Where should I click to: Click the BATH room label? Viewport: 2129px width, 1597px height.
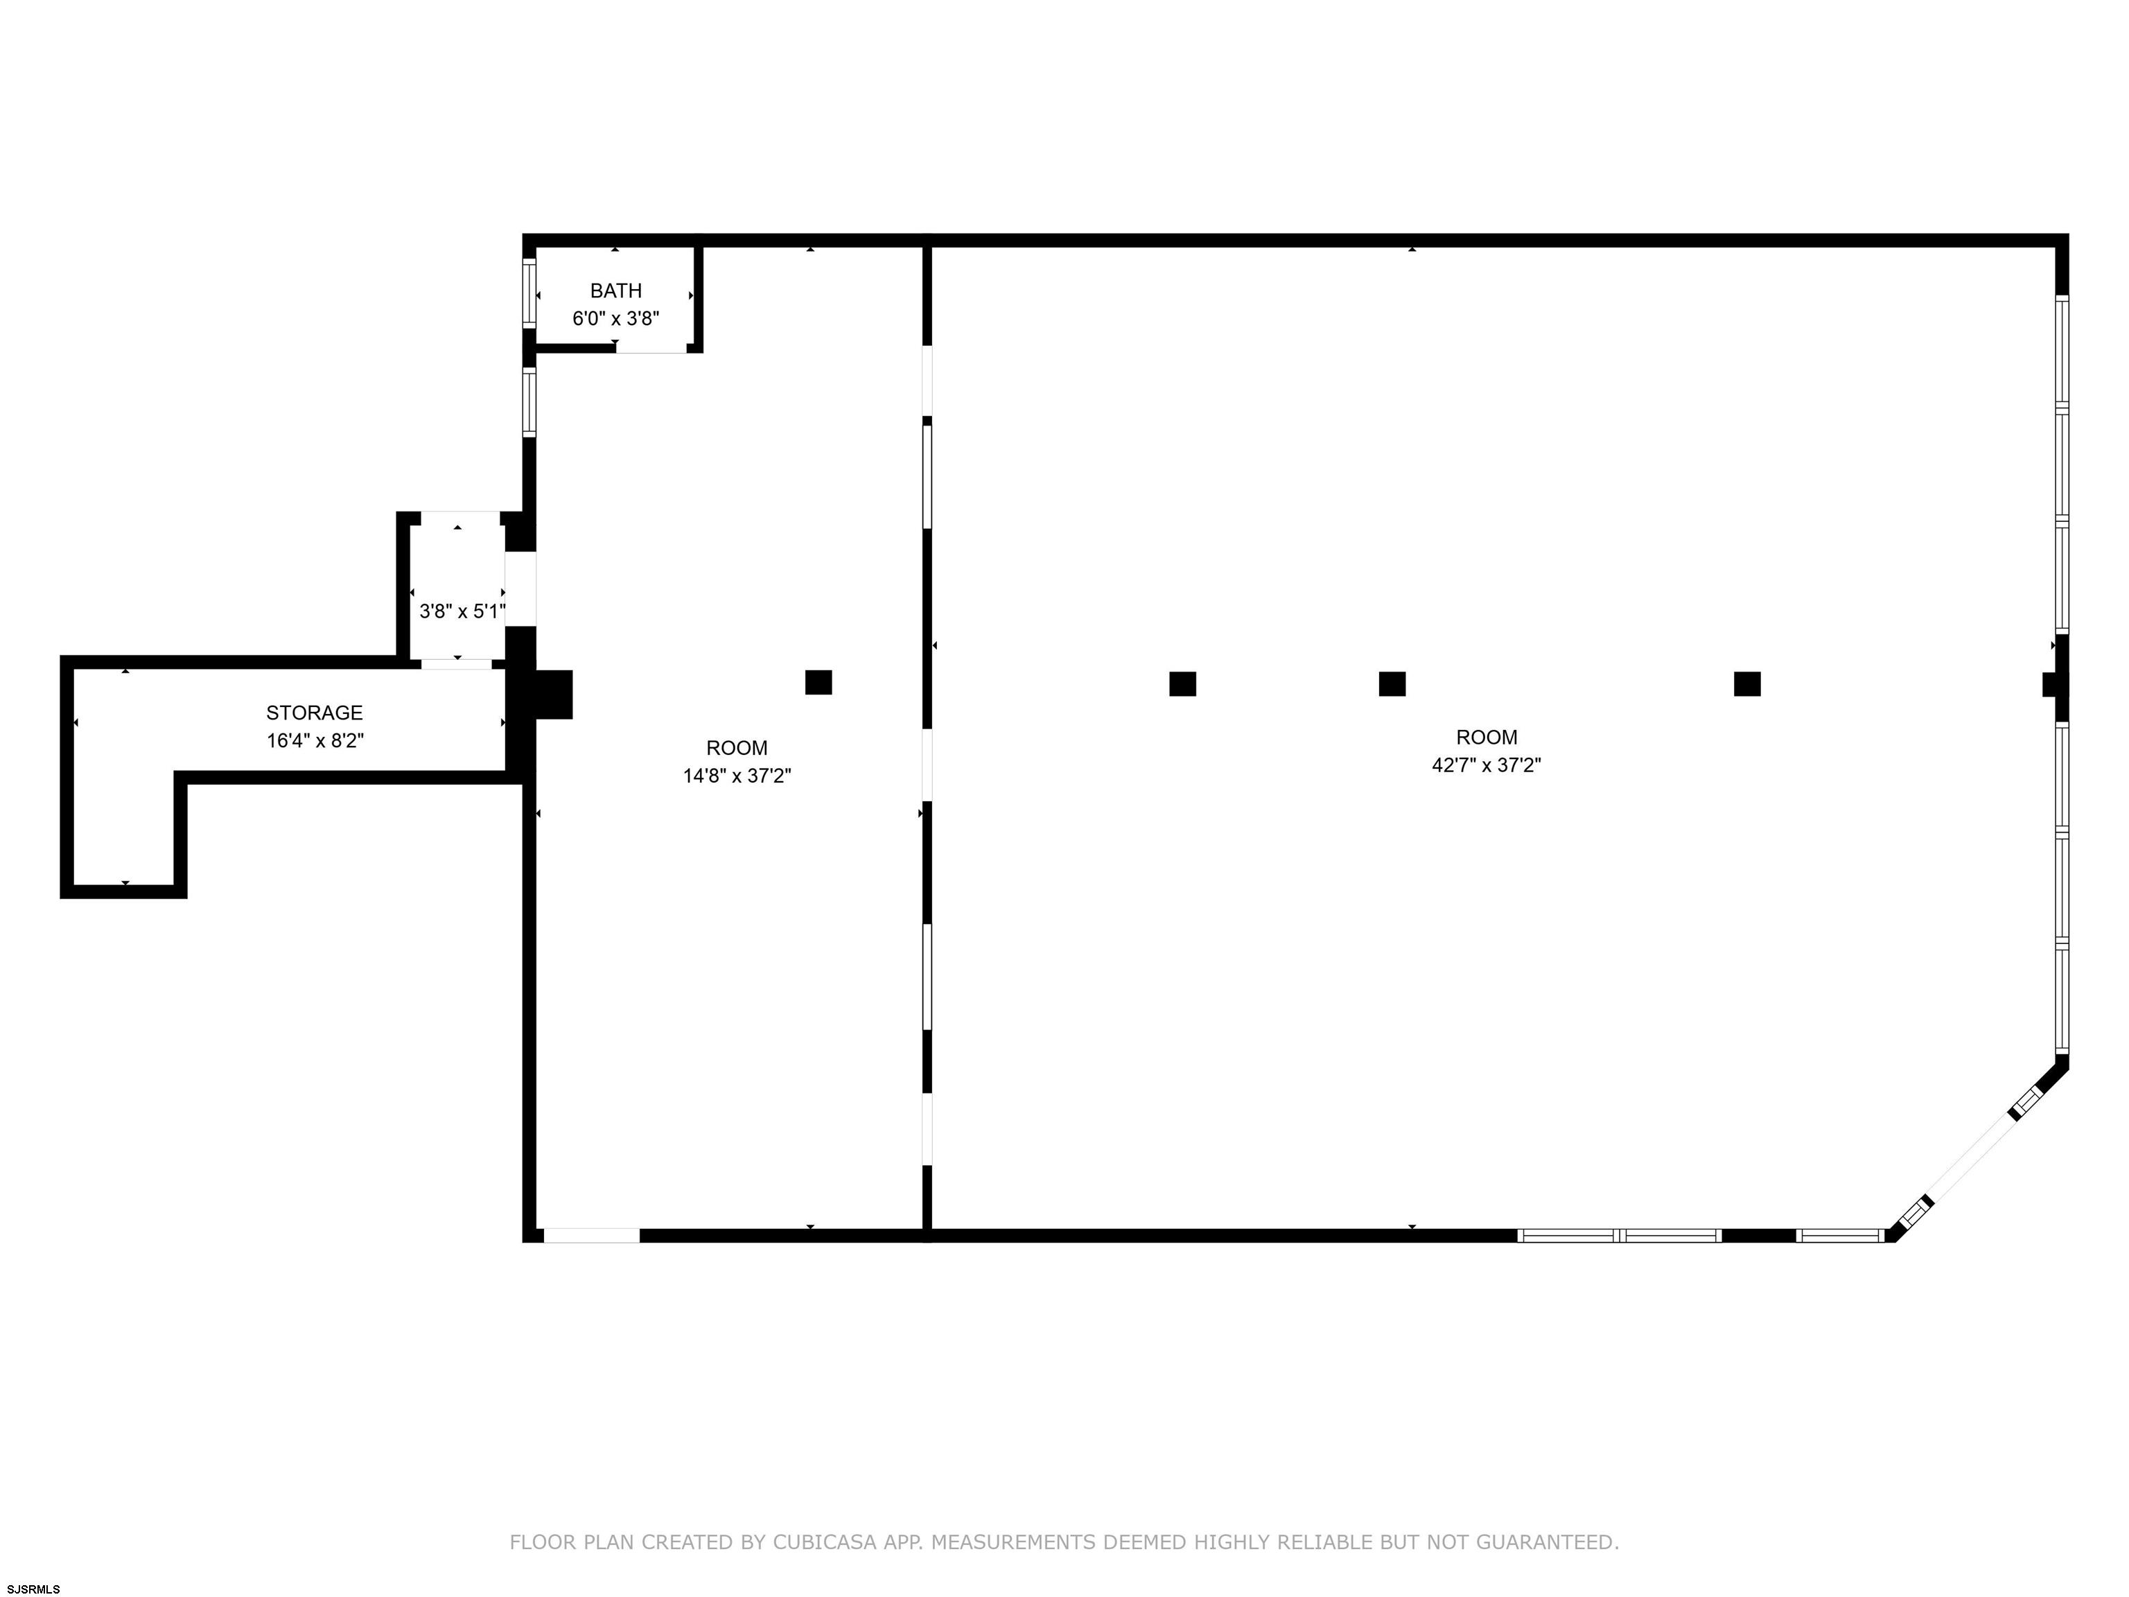(x=616, y=290)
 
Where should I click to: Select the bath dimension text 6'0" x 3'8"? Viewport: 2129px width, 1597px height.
(x=616, y=319)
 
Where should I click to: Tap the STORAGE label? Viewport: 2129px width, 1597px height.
(x=315, y=713)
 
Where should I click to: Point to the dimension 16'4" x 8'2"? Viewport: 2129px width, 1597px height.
(x=315, y=741)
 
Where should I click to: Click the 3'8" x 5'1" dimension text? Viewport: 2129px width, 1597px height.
(x=462, y=611)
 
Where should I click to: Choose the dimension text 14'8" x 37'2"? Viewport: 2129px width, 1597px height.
(x=737, y=776)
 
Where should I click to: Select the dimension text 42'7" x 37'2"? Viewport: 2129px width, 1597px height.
(x=1487, y=765)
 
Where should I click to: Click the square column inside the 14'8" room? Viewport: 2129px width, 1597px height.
(x=818, y=683)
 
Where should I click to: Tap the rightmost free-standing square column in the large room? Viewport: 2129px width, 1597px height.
(x=1748, y=684)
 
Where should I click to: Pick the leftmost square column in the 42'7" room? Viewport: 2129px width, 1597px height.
(x=1183, y=684)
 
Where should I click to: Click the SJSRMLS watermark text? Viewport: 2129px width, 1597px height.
(x=34, y=1589)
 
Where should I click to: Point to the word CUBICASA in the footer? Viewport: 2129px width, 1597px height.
(x=825, y=1542)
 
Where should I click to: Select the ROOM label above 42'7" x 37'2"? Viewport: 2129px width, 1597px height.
(x=1487, y=738)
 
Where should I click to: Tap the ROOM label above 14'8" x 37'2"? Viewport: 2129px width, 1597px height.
(x=737, y=748)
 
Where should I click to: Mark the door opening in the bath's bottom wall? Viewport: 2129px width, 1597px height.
(x=651, y=347)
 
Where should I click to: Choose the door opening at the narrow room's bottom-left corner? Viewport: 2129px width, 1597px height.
(x=592, y=1235)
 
